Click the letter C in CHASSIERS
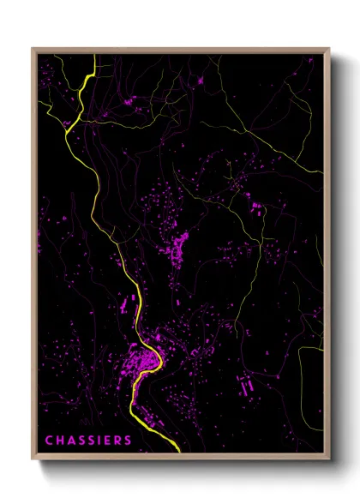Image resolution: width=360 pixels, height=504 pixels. click(49, 441)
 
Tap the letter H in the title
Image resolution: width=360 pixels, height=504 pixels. click(60, 441)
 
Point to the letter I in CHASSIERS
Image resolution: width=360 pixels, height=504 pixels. click(103, 441)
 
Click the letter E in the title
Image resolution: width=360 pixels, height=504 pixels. click(111, 441)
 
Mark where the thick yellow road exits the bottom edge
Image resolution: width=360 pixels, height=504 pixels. click(177, 451)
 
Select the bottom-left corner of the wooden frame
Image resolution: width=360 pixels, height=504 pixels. click(33, 459)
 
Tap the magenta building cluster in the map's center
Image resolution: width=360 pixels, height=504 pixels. click(181, 249)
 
